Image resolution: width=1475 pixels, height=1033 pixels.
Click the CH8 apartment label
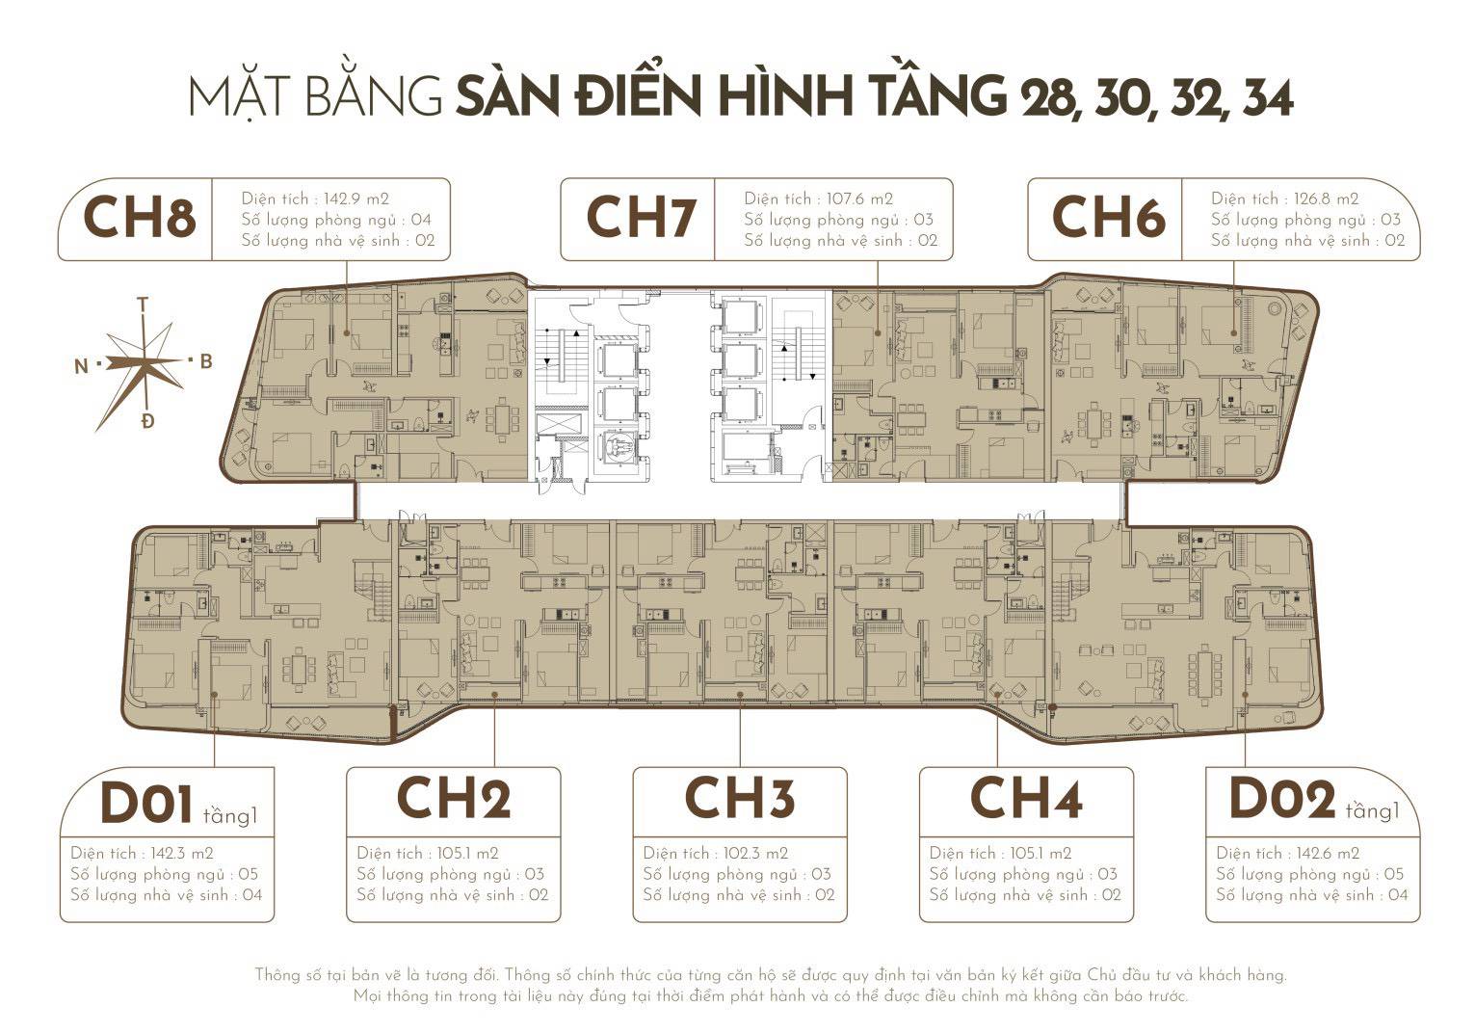(x=140, y=219)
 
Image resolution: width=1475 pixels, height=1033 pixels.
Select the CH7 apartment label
(x=640, y=219)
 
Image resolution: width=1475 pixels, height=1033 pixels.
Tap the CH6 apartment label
(x=1108, y=219)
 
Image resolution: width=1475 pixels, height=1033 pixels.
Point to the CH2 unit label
(x=453, y=799)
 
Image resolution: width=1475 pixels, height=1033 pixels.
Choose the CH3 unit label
(x=739, y=799)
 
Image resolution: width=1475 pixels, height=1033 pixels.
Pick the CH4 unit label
(x=1026, y=799)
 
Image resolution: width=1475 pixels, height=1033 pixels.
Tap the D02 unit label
(x=1282, y=801)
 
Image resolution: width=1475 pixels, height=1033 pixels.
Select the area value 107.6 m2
(x=859, y=199)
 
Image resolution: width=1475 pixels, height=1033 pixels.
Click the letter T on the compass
(x=143, y=304)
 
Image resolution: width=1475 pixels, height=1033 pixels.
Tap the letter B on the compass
(x=205, y=361)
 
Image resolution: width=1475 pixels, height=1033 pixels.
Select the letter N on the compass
(x=81, y=365)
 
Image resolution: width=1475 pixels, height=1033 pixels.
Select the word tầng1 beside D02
(x=1372, y=811)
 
